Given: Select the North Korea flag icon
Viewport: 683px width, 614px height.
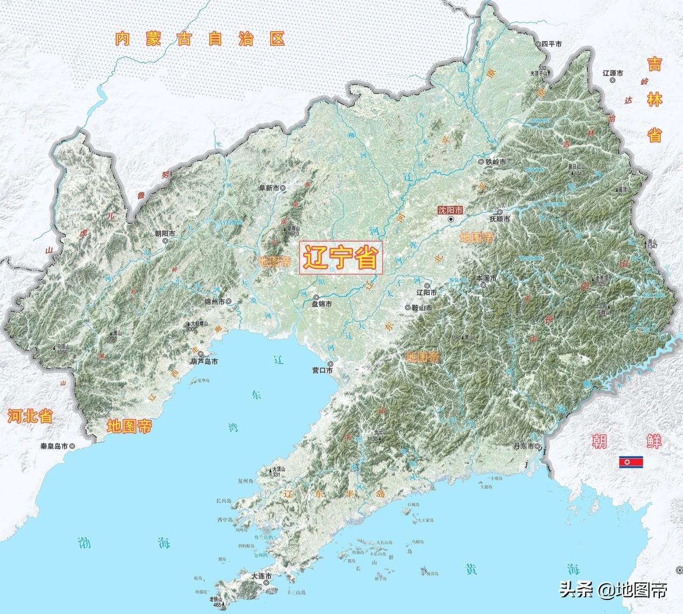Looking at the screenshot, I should point(630,462).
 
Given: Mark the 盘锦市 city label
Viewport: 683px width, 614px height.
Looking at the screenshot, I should point(322,304).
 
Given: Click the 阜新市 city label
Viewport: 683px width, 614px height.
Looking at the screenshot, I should point(269,188).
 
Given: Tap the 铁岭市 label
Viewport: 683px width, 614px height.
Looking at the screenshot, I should point(496,162).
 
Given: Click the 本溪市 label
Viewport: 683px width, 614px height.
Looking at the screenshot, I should point(486,278).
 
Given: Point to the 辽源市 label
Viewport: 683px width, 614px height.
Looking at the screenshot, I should point(612,73).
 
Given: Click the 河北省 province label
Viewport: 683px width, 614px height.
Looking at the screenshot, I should point(30,415).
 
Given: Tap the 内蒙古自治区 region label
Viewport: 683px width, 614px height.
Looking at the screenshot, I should point(199,39).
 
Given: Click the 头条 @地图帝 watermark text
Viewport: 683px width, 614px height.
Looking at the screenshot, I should point(614,590).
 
